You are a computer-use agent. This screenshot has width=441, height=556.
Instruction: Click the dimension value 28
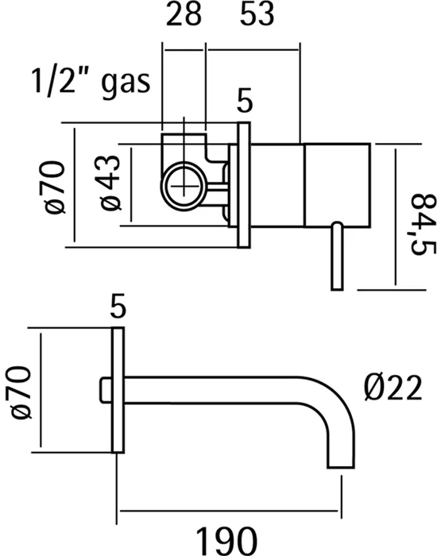tap(184, 14)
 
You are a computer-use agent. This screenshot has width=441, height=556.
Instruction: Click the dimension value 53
tap(257, 14)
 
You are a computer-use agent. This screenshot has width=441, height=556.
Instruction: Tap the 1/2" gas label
tap(91, 82)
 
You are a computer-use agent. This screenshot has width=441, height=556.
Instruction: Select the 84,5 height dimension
tap(424, 224)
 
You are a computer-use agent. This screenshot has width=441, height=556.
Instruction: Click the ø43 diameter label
tap(110, 183)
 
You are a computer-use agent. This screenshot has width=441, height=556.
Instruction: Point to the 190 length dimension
tap(226, 541)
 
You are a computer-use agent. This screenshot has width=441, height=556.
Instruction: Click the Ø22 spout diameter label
tap(393, 388)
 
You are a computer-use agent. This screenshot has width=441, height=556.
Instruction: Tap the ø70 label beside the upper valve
tap(55, 187)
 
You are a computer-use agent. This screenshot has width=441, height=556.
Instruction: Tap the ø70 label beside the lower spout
tap(21, 392)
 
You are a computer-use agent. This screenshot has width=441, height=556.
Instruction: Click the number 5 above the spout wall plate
tap(118, 306)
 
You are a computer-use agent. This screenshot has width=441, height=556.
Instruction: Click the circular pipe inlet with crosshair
tap(184, 185)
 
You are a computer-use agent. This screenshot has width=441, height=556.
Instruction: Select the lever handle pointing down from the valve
tap(337, 256)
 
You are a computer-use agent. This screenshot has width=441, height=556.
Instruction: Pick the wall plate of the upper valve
tap(244, 184)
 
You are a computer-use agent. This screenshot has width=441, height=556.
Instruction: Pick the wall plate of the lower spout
tap(118, 391)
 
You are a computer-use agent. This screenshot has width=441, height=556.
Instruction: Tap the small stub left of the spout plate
tap(106, 391)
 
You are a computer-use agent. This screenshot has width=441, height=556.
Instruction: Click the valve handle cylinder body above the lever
tap(337, 185)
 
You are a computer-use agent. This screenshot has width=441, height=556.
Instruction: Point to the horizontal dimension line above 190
tap(229, 511)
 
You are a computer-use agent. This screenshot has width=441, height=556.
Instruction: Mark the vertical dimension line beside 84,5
tap(395, 217)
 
